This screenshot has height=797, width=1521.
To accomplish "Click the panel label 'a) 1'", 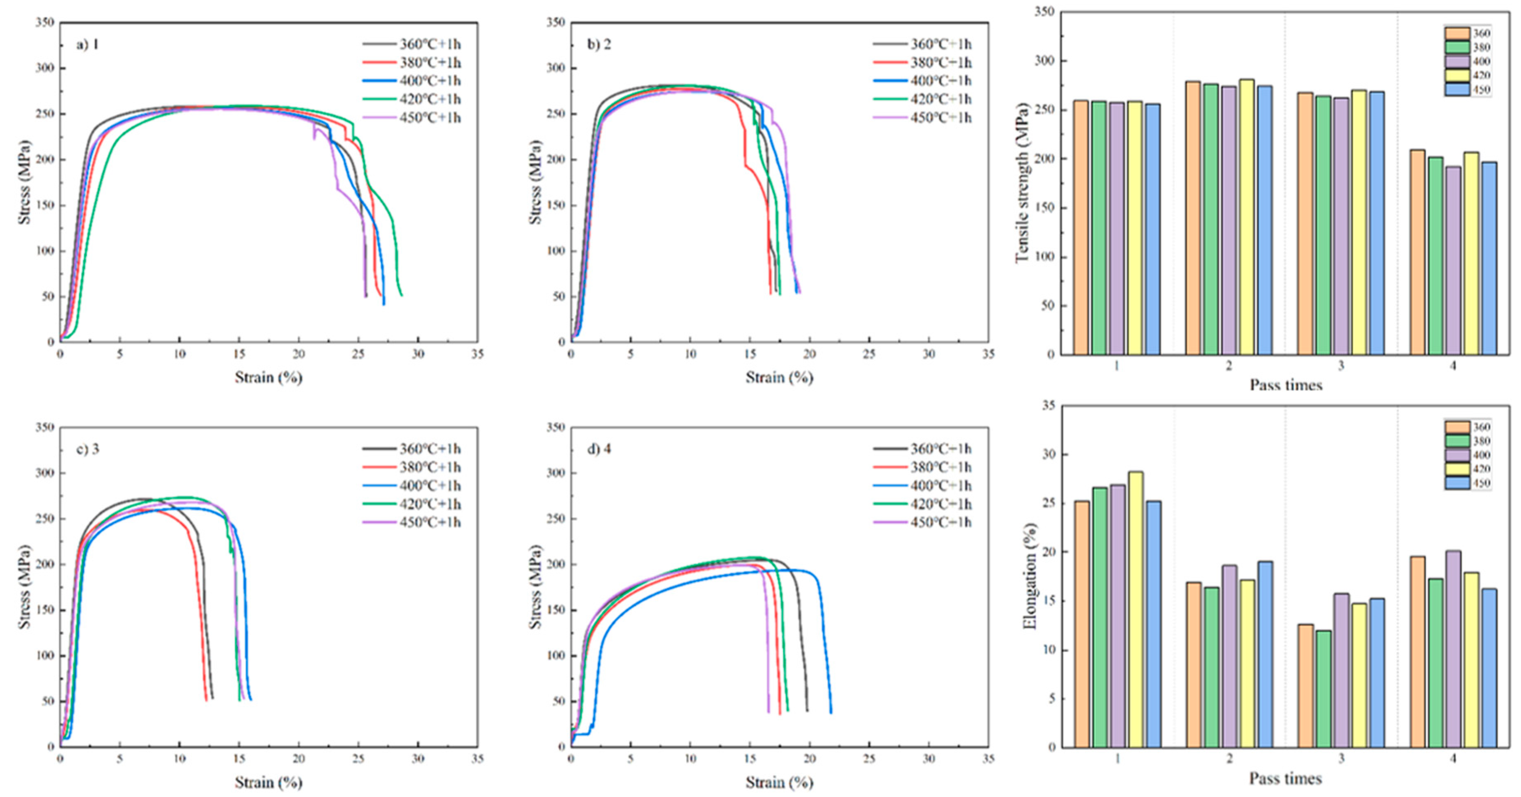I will pos(87,45).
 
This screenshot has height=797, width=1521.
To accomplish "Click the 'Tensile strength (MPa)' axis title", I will pos(1022,183).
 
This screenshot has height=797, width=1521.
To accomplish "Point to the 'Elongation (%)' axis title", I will pos(1030,576).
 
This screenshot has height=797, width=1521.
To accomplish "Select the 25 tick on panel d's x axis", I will pos(869,758).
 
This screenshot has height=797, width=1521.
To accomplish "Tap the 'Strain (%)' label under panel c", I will pos(268,783).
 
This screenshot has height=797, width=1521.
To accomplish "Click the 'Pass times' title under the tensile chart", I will pos(1285,385).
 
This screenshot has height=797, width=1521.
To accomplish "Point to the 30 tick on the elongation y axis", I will pos(1047,455).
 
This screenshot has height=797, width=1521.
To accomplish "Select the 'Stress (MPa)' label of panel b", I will pos(535,183).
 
